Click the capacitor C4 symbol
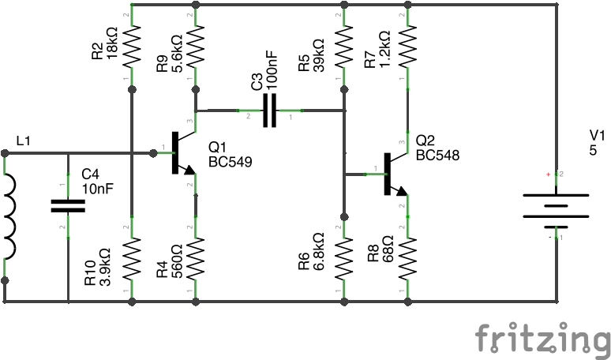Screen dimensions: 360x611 coord(68,206)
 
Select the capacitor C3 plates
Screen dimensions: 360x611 coord(270,111)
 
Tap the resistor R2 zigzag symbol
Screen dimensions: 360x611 coord(131,45)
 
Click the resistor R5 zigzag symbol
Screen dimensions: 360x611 coord(343,45)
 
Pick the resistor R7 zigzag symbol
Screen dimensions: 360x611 coord(407,45)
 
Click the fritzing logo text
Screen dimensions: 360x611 coord(542,339)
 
